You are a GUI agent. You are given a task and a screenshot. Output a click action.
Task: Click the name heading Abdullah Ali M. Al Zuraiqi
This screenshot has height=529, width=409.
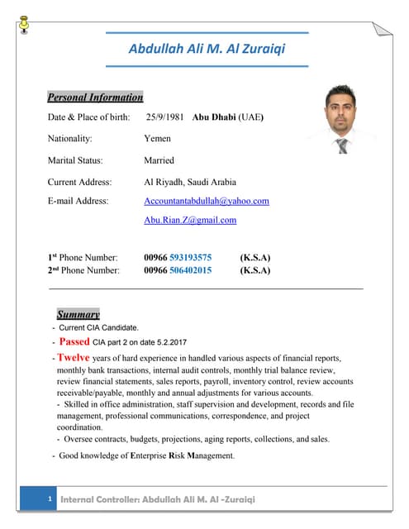[207, 49]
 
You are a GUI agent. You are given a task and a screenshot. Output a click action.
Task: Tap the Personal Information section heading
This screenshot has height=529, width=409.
[95, 97]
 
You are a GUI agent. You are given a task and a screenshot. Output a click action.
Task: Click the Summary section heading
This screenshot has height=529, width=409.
[78, 314]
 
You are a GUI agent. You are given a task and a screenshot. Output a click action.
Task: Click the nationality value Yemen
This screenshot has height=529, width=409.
[158, 139]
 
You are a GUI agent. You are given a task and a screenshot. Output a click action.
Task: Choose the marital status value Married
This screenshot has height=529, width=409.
[159, 160]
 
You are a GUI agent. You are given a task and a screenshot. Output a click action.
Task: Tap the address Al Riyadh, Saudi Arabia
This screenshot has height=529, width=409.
[190, 182]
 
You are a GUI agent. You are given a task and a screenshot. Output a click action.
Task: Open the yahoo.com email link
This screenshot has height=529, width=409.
[207, 201]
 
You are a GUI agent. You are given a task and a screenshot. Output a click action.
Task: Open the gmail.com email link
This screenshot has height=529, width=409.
[190, 220]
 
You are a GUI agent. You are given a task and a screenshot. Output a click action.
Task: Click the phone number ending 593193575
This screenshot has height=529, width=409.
[178, 257]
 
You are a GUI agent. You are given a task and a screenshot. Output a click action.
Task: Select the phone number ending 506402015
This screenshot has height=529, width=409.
[178, 270]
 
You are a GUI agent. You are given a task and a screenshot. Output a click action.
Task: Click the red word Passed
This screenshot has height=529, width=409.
[74, 341]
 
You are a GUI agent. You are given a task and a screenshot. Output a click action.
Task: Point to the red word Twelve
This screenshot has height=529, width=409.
[73, 358]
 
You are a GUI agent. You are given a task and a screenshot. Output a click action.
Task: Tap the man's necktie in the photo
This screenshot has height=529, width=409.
[342, 145]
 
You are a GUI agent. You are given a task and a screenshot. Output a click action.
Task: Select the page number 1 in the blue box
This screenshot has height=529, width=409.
[50, 500]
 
